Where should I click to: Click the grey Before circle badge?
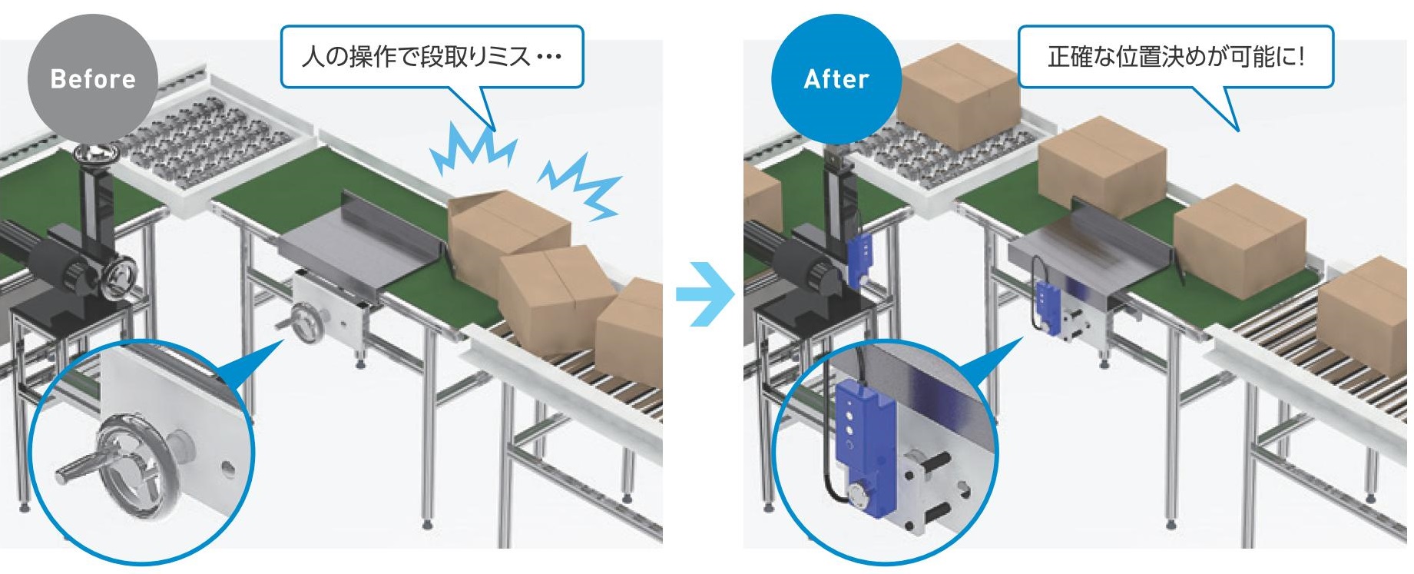[92, 78]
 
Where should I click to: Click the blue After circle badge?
[836, 78]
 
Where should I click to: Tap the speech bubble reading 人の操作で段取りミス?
[432, 56]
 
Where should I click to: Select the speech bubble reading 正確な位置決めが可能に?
[1175, 56]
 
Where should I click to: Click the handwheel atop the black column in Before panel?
[98, 154]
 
